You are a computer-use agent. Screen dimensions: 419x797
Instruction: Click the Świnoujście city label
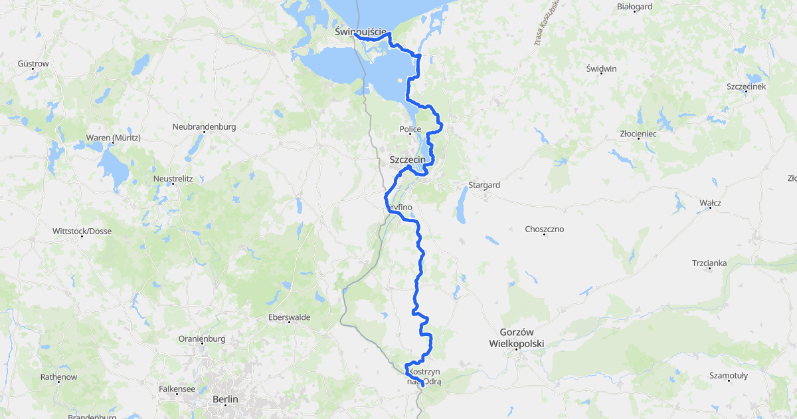coord(360,31)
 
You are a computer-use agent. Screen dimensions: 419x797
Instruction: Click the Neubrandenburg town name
coord(204,126)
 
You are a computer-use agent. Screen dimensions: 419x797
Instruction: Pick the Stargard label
coord(484,185)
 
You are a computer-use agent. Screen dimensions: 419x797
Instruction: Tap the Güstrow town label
coord(34,64)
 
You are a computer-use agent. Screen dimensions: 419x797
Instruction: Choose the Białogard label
coord(634,7)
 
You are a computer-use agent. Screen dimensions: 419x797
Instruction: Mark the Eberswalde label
coord(289,317)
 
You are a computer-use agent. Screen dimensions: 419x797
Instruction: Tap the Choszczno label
coord(544,229)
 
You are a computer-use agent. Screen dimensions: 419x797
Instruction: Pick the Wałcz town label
coord(710,202)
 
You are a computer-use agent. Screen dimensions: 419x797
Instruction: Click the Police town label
coord(410,129)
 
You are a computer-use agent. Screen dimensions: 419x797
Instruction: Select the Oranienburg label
coord(202,339)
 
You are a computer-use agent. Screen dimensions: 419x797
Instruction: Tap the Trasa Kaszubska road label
coord(546,23)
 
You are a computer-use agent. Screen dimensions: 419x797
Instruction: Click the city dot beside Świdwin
coord(602,74)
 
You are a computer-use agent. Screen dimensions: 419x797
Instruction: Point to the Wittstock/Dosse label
coord(82,231)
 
